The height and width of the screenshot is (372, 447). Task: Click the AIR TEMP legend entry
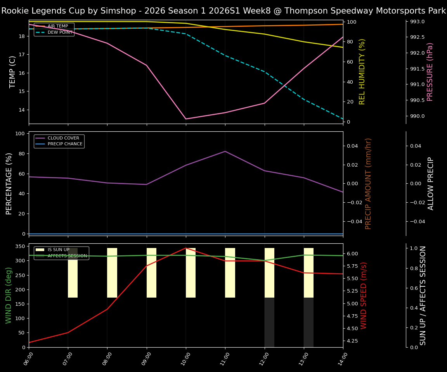click(x=57, y=26)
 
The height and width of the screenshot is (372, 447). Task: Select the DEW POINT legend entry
click(x=60, y=33)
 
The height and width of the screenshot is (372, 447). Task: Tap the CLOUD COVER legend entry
click(x=63, y=138)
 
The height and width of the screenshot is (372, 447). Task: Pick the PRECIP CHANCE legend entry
click(x=65, y=144)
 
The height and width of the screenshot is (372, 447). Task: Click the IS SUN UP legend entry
click(x=58, y=250)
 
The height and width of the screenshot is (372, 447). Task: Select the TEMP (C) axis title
click(x=13, y=72)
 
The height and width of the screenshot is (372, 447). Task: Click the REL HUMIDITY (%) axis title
click(x=362, y=72)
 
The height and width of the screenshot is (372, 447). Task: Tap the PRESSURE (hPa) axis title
click(x=430, y=72)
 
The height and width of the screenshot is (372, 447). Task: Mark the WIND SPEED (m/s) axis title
click(x=364, y=295)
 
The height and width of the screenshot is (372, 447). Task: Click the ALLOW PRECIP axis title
click(x=431, y=183)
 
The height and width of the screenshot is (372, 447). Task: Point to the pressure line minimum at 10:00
click(x=186, y=119)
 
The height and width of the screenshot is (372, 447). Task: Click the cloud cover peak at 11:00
click(x=225, y=151)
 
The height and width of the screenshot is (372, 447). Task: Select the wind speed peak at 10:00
click(x=186, y=248)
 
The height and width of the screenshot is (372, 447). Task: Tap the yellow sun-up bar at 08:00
click(x=112, y=273)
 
